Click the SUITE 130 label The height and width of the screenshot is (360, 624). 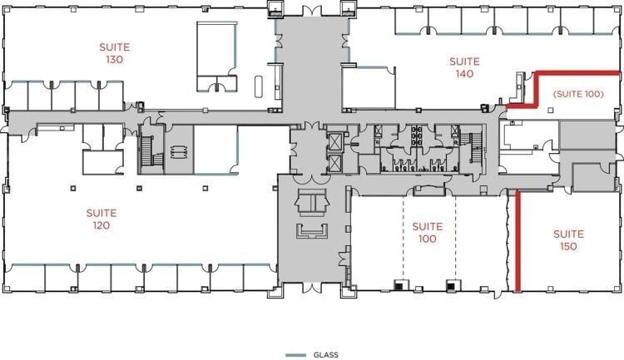coord(114,53)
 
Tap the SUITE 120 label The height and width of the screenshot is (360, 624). coord(102,219)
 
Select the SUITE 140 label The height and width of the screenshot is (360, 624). coord(464,67)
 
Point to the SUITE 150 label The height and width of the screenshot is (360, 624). coord(568,240)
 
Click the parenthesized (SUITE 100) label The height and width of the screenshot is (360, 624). coord(578,94)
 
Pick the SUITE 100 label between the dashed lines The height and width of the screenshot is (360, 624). coord(428,233)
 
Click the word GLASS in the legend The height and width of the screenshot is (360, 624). coord(326,355)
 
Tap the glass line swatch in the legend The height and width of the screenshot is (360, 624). coord(295,355)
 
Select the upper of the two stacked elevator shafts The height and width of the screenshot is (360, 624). coord(334,142)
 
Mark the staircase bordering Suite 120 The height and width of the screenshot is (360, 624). coord(151,150)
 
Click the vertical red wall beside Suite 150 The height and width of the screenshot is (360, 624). coord(518,242)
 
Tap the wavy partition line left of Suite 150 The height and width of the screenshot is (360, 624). coord(508,243)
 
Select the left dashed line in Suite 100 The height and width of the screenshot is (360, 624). coord(403,238)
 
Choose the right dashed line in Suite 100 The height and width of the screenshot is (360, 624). coord(456,238)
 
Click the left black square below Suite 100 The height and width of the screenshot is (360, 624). coord(399,286)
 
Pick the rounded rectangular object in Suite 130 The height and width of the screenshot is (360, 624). coord(259,86)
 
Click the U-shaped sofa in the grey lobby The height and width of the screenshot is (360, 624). coord(312,231)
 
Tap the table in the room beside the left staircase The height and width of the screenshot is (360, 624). coord(179,151)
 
